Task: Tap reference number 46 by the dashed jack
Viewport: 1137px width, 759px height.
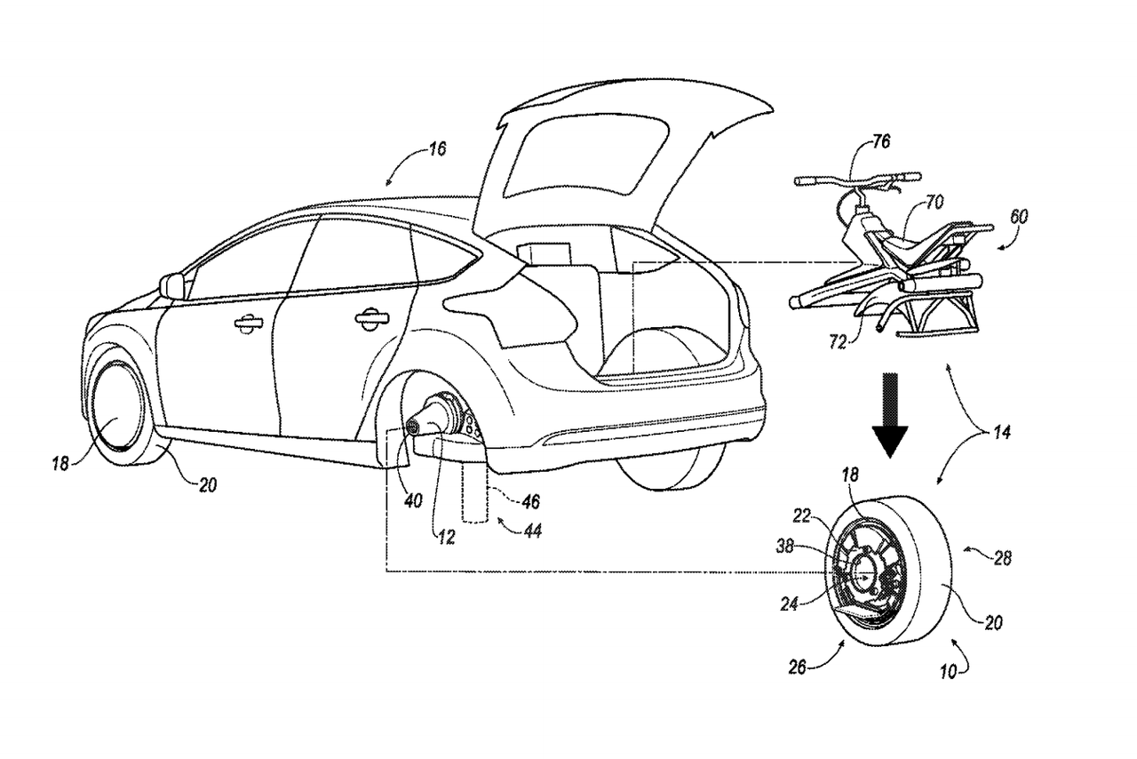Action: pyautogui.click(x=529, y=502)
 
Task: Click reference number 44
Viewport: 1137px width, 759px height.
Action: pyautogui.click(x=532, y=531)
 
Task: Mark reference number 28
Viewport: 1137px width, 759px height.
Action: pyautogui.click(x=1002, y=557)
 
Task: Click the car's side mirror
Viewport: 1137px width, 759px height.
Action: pyautogui.click(x=172, y=286)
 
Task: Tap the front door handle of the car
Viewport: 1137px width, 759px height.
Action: pyautogui.click(x=248, y=324)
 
